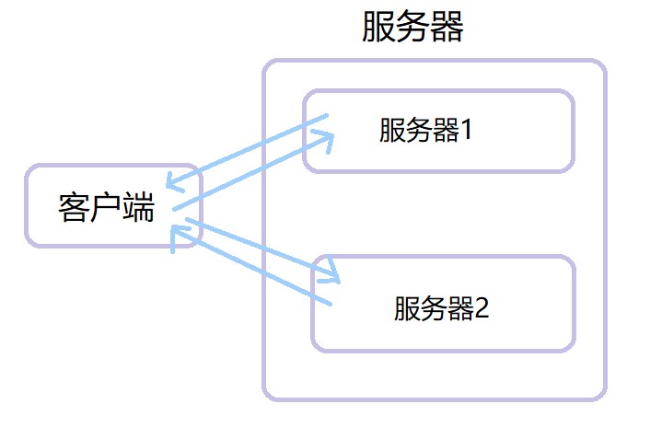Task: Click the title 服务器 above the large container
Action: coord(412,28)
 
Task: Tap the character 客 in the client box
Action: coord(73,208)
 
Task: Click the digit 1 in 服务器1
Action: coord(466,132)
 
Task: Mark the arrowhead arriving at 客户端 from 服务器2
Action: coord(177,234)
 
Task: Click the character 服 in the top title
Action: coord(378,28)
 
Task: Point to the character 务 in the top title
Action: coord(412,28)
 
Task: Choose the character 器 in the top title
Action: coord(447,28)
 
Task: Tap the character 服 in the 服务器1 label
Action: coord(391,132)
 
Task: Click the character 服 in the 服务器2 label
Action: coord(406,308)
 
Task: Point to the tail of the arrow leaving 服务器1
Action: coord(327,116)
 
